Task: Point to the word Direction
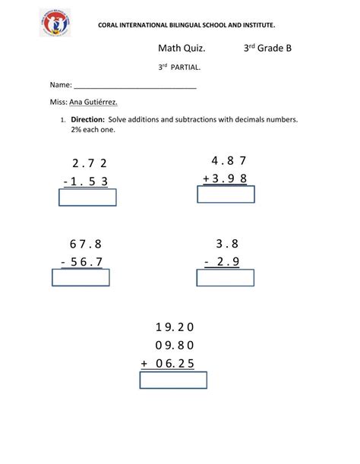pyautogui.click(x=88, y=120)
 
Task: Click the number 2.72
pyautogui.click(x=90, y=163)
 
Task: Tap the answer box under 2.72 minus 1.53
pyautogui.click(x=87, y=197)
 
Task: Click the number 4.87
pyautogui.click(x=229, y=160)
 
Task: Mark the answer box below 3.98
pyautogui.click(x=226, y=194)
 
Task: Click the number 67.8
pyautogui.click(x=85, y=244)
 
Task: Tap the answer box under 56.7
pyautogui.click(x=81, y=278)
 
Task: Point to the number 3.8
pyautogui.click(x=227, y=244)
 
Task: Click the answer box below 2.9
pyautogui.click(x=226, y=278)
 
